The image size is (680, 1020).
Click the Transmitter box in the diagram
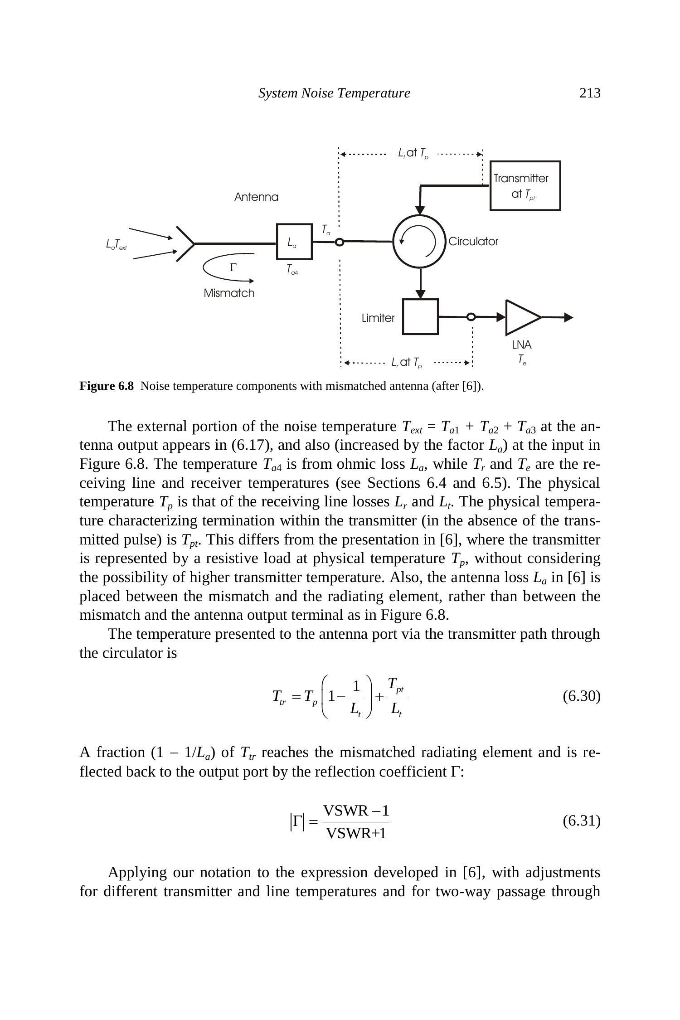click(x=525, y=186)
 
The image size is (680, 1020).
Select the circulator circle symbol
click(x=420, y=241)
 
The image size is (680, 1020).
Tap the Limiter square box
click(x=420, y=316)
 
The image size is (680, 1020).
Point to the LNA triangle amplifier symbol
click(x=521, y=317)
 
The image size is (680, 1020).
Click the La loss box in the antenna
click(x=294, y=242)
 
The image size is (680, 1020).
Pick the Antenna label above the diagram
click(x=256, y=197)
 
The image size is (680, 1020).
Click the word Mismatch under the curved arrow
click(x=229, y=293)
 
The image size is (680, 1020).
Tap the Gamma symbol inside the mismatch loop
click(x=233, y=267)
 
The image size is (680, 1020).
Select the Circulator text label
click(x=473, y=242)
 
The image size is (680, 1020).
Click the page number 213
click(x=590, y=93)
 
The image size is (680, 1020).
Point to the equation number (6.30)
click(x=581, y=696)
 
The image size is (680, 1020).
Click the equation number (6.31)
click(x=581, y=821)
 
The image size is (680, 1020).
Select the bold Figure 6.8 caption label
click(x=107, y=386)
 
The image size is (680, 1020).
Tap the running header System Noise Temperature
click(x=334, y=93)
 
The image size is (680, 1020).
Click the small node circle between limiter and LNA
click(x=471, y=317)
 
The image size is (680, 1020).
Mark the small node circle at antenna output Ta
click(x=339, y=242)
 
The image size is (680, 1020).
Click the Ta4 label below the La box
click(x=292, y=270)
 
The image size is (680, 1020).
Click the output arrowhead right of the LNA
click(x=568, y=317)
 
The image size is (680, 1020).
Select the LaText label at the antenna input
click(x=117, y=245)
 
